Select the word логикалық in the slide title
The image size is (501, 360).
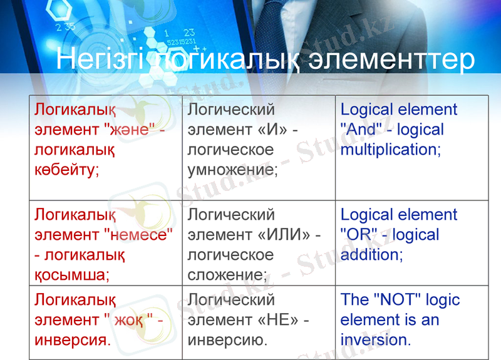click(x=222, y=60)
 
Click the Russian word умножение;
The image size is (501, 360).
click(x=232, y=170)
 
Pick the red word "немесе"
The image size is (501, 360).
click(x=137, y=235)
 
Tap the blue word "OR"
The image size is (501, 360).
click(x=359, y=235)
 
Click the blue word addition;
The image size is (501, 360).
click(x=371, y=255)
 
